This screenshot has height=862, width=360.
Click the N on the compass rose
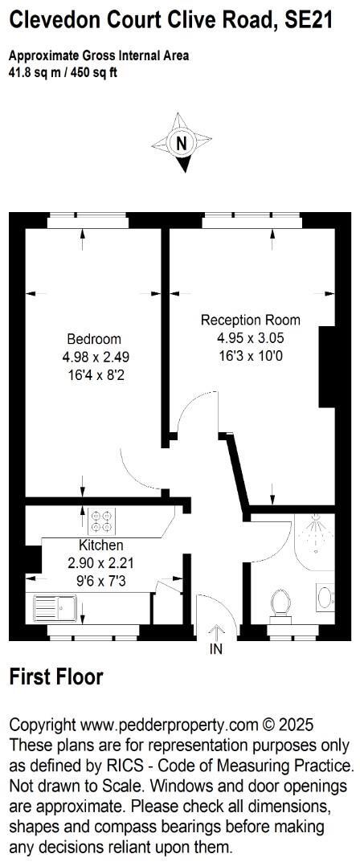tap(182, 144)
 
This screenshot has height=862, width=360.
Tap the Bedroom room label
tap(94, 338)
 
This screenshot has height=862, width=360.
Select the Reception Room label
tap(250, 320)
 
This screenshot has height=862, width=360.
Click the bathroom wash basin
tap(324, 597)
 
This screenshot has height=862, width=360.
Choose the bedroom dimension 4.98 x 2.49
tap(94, 357)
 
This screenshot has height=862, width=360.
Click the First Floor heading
tap(56, 677)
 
